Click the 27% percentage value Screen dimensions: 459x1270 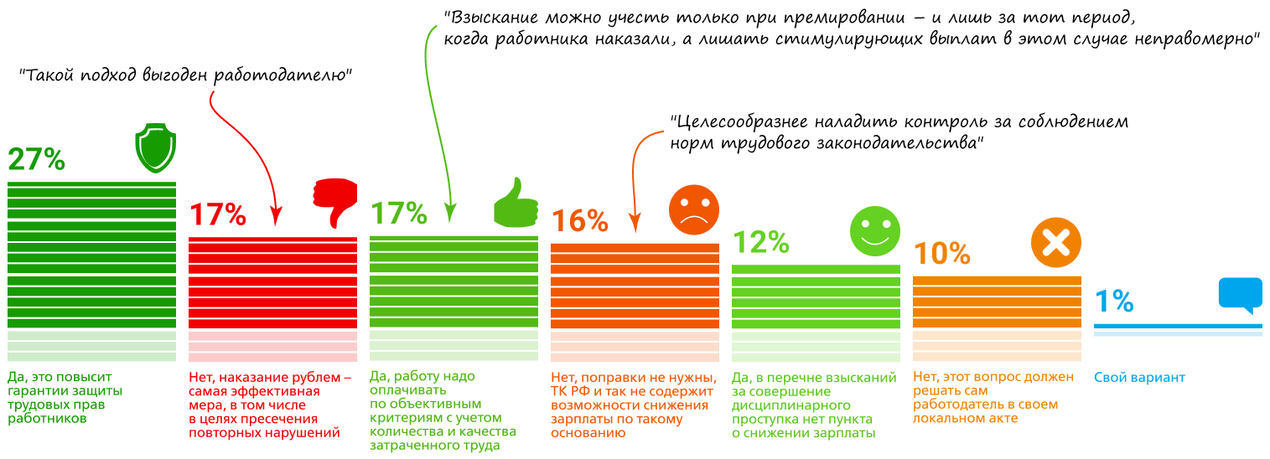[x=36, y=159]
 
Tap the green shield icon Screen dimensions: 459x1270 [x=155, y=148]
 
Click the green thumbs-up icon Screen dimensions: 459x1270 [x=516, y=202]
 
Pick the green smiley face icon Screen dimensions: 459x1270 [x=875, y=231]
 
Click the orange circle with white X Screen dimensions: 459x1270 [x=1055, y=242]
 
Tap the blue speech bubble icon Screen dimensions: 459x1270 [x=1240, y=296]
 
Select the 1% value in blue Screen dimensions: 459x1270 [x=1114, y=301]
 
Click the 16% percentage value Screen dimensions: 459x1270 [x=579, y=220]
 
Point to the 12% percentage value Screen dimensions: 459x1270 [x=761, y=242]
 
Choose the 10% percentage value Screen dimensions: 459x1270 [x=941, y=253]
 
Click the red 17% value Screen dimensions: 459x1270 [x=218, y=214]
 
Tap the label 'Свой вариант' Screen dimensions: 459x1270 [x=1139, y=378]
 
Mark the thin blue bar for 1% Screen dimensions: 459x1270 [x=1178, y=326]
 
